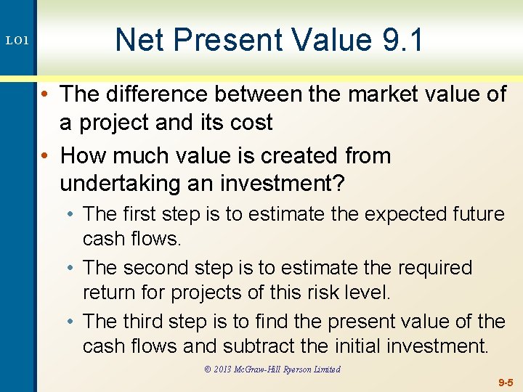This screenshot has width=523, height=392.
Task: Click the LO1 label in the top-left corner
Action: click(18, 41)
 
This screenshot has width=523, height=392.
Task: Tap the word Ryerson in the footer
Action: click(296, 369)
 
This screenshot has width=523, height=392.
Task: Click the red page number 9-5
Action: click(506, 382)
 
